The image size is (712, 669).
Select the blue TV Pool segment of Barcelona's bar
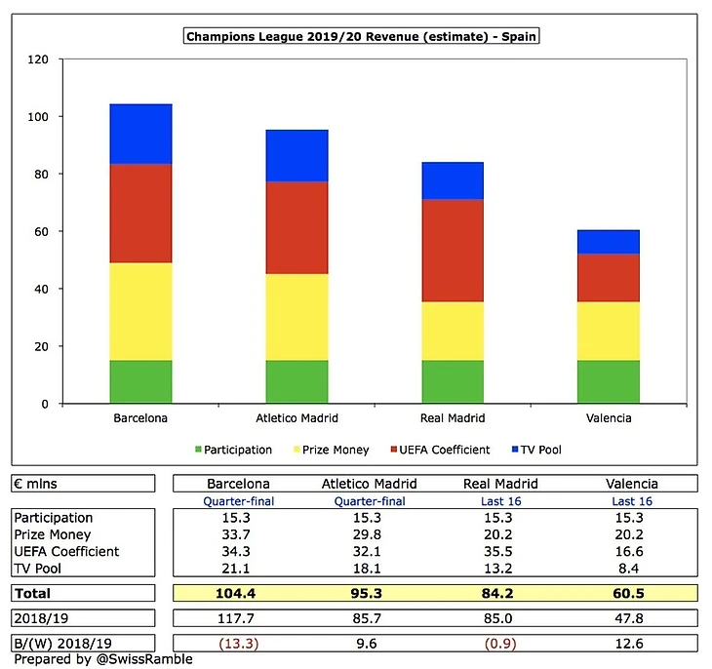coord(140,134)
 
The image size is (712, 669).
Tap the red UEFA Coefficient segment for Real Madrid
coord(452,251)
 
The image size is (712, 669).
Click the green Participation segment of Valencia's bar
coord(608,381)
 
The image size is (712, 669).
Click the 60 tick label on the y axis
coord(39,231)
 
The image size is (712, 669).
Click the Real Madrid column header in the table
coord(452,484)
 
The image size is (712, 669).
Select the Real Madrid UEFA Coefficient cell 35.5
coord(452,551)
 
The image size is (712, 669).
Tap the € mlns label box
coord(82,484)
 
